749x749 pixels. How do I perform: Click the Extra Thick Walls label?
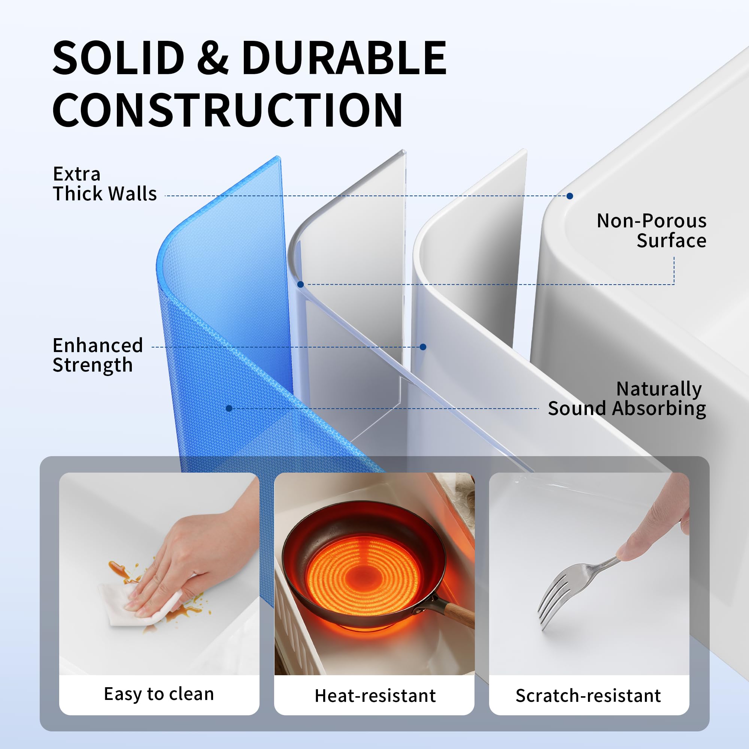(105, 184)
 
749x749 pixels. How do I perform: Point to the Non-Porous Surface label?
(651, 231)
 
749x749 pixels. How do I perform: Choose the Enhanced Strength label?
(98, 355)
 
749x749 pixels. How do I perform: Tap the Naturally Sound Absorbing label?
(627, 399)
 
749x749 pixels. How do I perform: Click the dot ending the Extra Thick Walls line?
(570, 196)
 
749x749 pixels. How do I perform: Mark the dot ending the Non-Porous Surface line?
(300, 284)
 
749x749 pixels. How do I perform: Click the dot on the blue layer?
(229, 408)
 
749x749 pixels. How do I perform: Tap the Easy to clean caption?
(159, 694)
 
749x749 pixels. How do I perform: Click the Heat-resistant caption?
(375, 695)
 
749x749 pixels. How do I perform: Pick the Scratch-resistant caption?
(588, 695)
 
